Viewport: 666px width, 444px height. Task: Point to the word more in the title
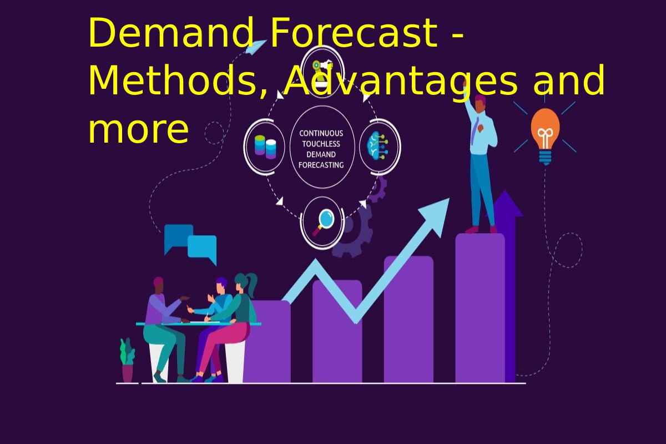(139, 130)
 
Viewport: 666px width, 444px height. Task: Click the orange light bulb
(545, 136)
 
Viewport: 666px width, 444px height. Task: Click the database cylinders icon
(265, 147)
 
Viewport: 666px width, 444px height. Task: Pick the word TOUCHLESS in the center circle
(321, 144)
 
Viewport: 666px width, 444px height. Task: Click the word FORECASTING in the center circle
(321, 165)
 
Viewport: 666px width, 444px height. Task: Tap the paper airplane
(256, 47)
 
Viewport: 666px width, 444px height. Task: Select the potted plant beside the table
(127, 360)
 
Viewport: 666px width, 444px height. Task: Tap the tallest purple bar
(480, 308)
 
